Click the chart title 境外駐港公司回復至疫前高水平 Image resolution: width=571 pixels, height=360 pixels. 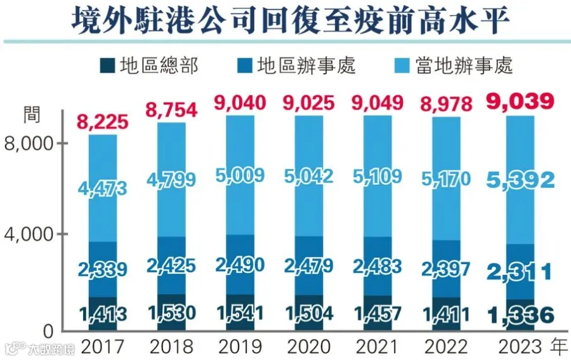click(290, 20)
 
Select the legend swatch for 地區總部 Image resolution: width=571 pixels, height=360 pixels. click(107, 66)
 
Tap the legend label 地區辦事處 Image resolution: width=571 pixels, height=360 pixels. click(306, 66)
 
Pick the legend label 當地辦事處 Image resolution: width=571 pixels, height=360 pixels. click(464, 66)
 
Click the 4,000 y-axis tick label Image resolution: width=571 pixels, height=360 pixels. click(29, 234)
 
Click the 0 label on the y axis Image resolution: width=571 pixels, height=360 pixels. click(48, 331)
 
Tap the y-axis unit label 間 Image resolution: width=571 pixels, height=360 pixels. click(32, 115)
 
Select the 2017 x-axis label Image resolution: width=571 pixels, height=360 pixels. click(102, 347)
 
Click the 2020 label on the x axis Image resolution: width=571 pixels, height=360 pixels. click(309, 347)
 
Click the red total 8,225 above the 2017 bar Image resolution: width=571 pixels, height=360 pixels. click(102, 122)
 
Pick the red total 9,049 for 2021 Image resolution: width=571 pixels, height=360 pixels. click(377, 103)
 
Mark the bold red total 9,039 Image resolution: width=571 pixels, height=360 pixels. click(520, 101)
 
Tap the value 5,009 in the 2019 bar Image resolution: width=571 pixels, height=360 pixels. click(240, 175)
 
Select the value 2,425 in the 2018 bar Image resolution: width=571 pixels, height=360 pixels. click(171, 265)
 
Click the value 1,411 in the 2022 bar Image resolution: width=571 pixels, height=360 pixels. click(446, 314)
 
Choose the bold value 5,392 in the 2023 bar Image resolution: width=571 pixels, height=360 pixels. click(520, 180)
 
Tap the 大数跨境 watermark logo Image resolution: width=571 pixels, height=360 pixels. click(39, 349)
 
